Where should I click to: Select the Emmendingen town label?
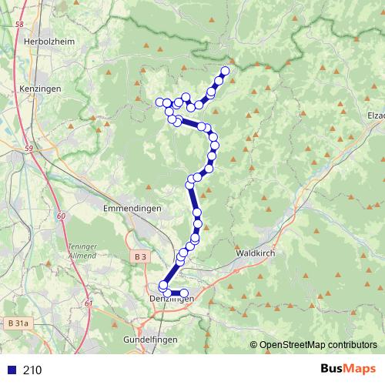(131, 209)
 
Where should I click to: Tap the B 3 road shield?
(139, 256)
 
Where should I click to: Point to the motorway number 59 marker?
(28, 147)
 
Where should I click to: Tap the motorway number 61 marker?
(89, 303)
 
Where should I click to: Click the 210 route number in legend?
(32, 370)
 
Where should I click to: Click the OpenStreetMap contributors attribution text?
(318, 345)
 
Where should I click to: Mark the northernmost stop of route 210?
(226, 72)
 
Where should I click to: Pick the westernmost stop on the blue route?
(160, 102)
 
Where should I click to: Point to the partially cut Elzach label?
(376, 115)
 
